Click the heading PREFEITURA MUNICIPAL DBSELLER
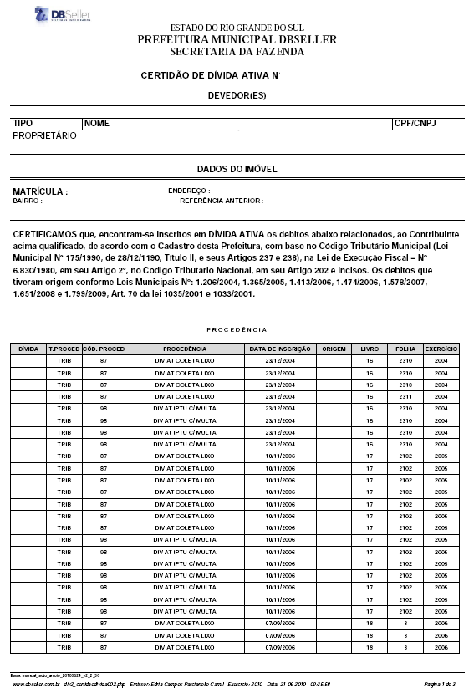point(237,40)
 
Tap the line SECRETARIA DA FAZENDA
point(237,52)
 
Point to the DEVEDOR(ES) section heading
point(237,96)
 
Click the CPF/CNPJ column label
point(415,123)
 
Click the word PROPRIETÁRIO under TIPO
point(45,135)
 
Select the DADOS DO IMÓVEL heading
point(237,169)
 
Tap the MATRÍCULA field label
point(40,191)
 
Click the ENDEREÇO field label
point(189,191)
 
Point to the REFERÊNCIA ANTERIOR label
point(222,201)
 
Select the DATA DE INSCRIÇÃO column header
point(280,348)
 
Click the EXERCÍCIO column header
point(441,348)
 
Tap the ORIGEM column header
point(334,348)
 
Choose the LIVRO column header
point(370,348)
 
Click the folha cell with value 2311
point(405,396)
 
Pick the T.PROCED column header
point(64,348)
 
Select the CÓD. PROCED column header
point(104,348)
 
